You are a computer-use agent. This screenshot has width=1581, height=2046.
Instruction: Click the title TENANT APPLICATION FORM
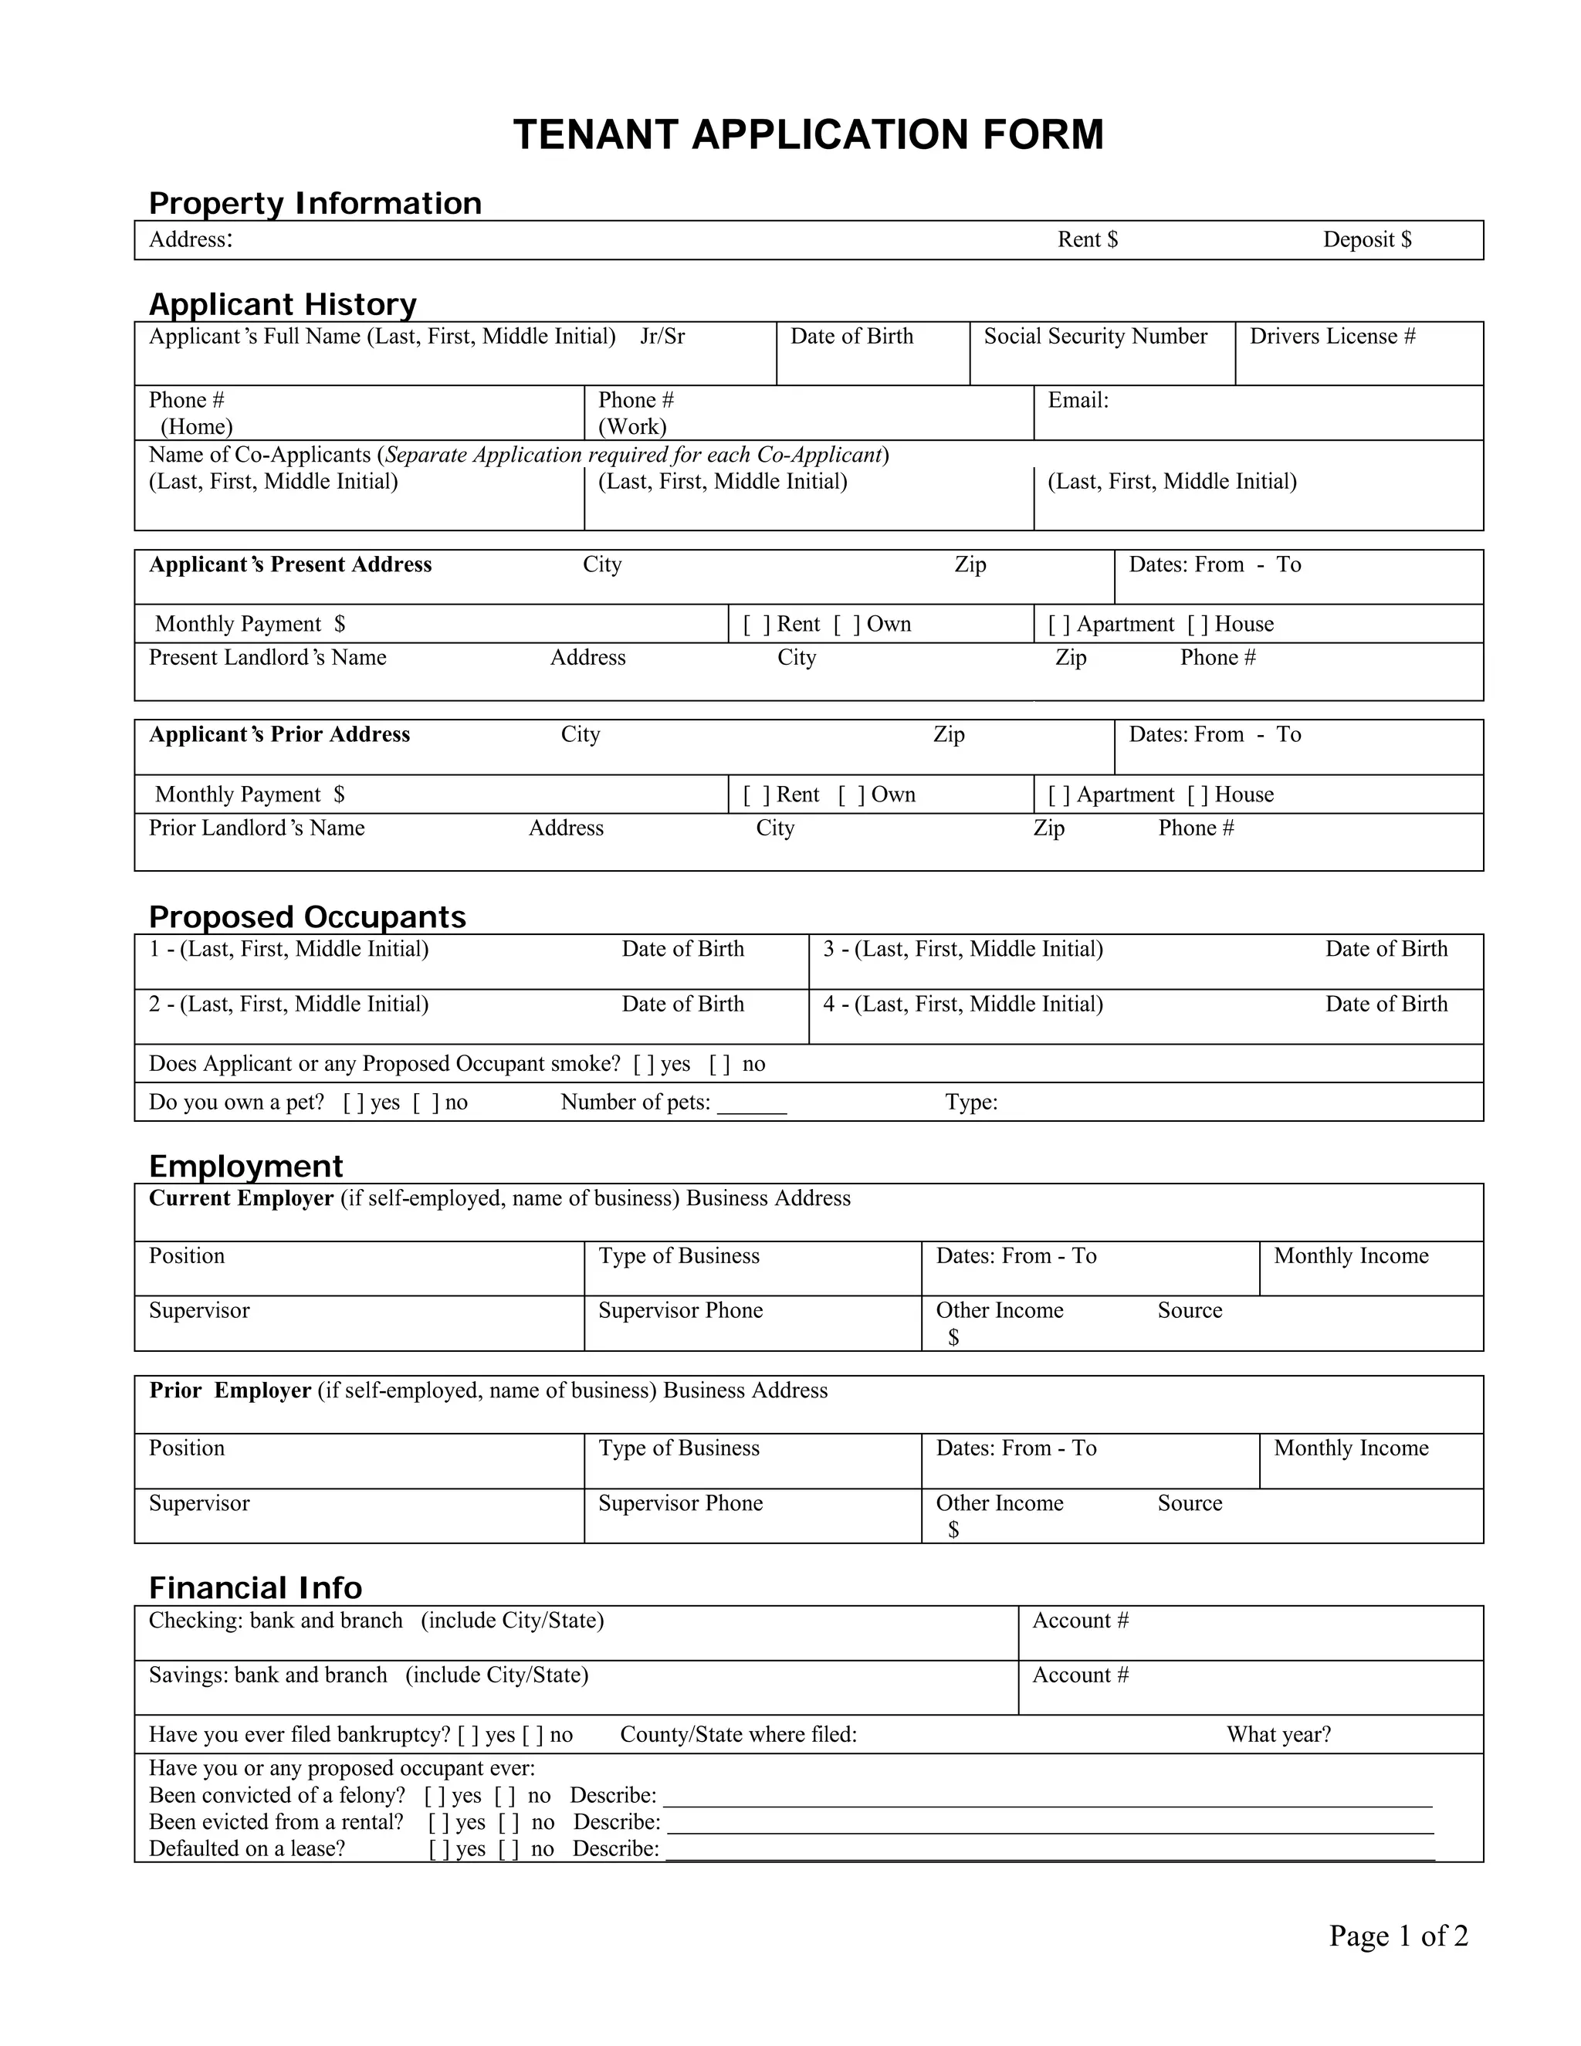tap(808, 135)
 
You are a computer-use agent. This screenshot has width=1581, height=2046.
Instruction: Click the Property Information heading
tap(315, 203)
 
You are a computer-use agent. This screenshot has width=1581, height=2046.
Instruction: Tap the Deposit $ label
tap(1366, 240)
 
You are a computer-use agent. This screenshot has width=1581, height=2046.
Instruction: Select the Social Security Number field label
tap(1095, 337)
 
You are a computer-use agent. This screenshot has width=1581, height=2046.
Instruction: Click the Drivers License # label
tap(1332, 337)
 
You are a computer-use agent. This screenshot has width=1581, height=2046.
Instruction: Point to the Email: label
tap(1077, 401)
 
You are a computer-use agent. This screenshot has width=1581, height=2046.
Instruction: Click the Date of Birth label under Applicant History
tap(851, 337)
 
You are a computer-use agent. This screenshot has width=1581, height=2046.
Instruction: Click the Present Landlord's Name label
tap(267, 658)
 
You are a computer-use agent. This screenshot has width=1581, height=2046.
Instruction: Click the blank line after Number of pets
tap(751, 1106)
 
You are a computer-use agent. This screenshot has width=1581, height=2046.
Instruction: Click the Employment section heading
tap(245, 1167)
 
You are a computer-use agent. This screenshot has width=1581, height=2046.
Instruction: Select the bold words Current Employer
tap(241, 1199)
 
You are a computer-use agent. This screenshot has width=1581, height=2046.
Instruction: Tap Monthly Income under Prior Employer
tap(1351, 1448)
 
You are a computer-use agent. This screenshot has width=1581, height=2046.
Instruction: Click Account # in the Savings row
tap(1080, 1675)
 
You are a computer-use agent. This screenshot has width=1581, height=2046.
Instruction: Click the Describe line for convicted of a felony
tap(1046, 1799)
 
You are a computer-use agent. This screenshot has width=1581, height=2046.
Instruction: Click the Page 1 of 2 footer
tap(1398, 1936)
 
